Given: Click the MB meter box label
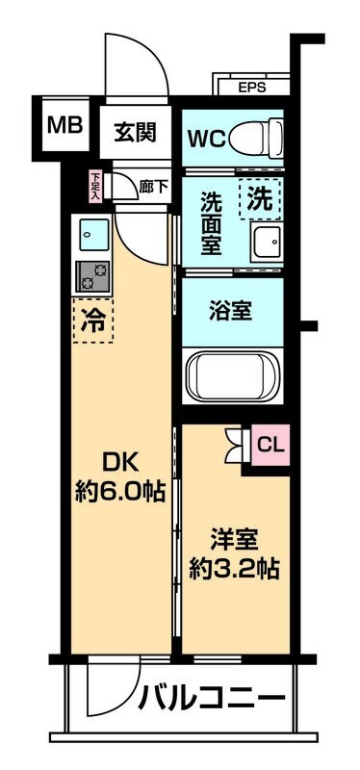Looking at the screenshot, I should click(x=65, y=127).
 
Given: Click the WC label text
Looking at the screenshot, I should click(x=206, y=138).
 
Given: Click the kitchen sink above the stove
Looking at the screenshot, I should click(x=93, y=235).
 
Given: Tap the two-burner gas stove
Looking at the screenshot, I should click(x=93, y=275).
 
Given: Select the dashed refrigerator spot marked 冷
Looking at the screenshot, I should click(x=93, y=319).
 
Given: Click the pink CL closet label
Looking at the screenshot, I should click(x=271, y=445).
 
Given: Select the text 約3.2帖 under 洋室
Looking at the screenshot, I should click(x=234, y=568).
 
